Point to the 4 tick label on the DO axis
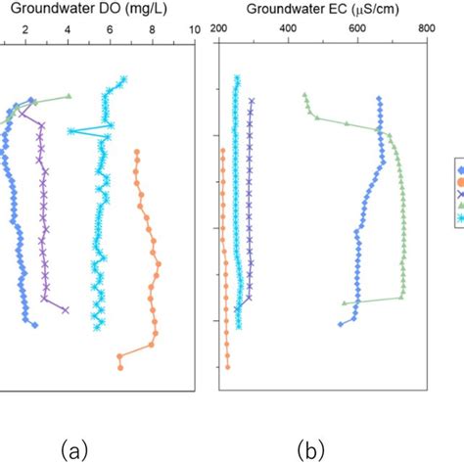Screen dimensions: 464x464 point(68,31)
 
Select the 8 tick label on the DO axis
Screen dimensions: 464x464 point(152,31)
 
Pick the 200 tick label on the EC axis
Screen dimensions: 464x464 point(218,31)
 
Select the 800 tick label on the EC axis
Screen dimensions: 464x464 point(426,31)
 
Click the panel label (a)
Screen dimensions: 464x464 point(75,449)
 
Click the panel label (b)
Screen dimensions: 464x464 point(312,449)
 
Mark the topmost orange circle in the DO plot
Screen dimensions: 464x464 point(136,152)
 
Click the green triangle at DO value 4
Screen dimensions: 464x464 point(69,96)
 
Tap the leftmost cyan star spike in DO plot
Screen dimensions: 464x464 point(70,131)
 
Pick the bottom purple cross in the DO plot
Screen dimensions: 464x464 point(66,310)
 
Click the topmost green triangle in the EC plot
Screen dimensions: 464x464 point(305,95)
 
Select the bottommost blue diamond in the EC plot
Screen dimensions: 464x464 point(341,324)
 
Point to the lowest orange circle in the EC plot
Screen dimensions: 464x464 point(227,367)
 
